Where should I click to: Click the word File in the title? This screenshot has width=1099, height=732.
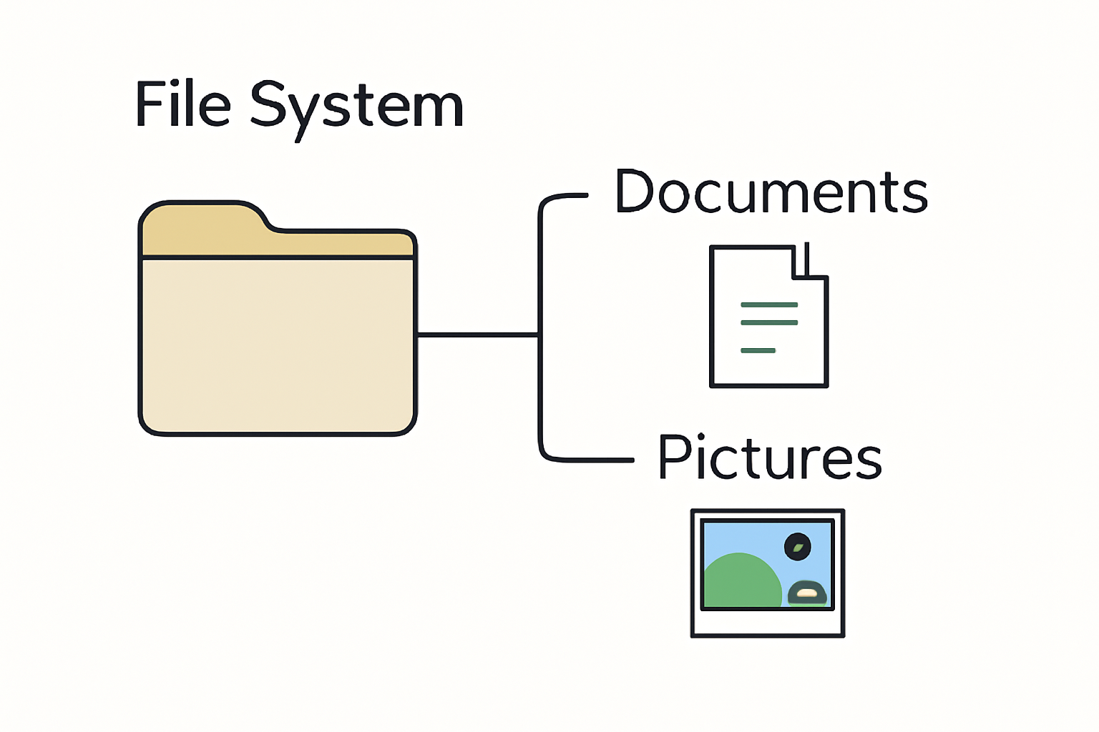[183, 104]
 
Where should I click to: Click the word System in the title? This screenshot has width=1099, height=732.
[357, 110]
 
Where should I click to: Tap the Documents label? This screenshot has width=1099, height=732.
[771, 192]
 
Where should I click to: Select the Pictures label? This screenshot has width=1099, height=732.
[770, 457]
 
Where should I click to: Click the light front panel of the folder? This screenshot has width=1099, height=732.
[278, 346]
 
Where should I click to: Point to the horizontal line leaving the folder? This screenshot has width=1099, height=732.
[477, 335]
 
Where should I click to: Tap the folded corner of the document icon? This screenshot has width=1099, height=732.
[809, 261]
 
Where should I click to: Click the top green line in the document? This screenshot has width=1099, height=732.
[769, 305]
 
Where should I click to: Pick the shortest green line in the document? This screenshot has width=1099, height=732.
[758, 350]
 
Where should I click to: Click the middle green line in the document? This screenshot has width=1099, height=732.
[769, 322]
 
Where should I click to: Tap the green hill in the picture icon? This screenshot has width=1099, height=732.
[742, 581]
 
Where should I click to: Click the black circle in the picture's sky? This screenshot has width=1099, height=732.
[797, 546]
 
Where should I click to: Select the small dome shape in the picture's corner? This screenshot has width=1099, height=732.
[807, 593]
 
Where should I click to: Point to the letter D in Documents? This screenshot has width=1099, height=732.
[634, 191]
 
